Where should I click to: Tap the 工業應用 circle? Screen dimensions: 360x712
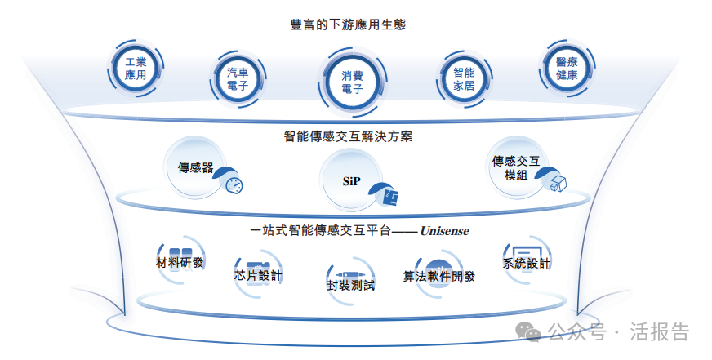coord(136,69)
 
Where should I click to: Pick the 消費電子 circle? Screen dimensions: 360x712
coord(352,82)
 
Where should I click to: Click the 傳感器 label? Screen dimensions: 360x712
coord(196,168)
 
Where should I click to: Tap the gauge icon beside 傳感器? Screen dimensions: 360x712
coord(234,184)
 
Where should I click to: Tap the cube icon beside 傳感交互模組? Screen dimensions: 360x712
coord(558,184)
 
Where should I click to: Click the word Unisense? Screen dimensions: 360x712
coord(444,231)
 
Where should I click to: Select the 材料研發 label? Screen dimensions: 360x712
coord(180,263)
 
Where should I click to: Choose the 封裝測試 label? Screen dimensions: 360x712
coord(350,285)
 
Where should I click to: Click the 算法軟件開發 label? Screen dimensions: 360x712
coord(439,276)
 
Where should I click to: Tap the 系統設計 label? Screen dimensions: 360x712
coord(527,264)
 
